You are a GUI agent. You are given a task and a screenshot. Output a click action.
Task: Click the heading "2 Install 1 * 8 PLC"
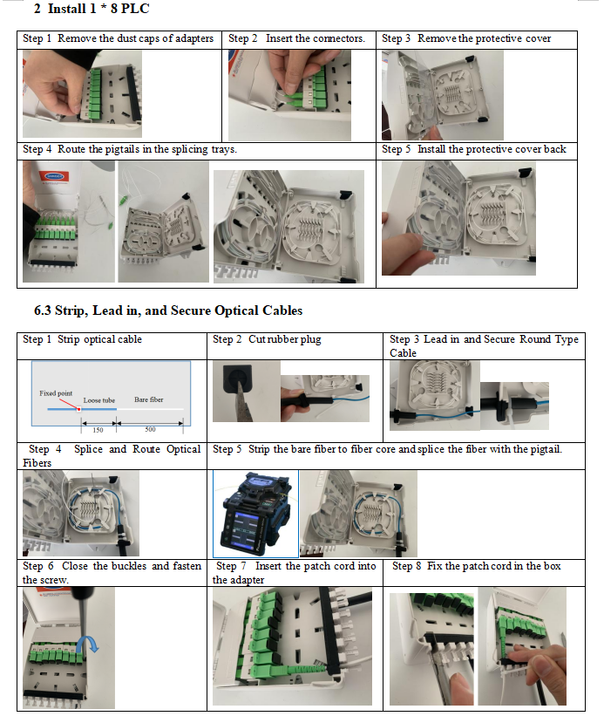coord(92,9)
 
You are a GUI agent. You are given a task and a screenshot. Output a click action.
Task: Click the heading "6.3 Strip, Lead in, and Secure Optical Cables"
coord(168,310)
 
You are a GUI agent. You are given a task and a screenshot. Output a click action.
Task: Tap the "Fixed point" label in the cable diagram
coord(56,393)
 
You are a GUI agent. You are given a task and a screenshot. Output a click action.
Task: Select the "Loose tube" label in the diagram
coord(99,400)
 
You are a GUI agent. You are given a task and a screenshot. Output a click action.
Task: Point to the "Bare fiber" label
coord(149,399)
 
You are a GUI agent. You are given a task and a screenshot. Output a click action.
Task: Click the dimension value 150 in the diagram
coord(98,430)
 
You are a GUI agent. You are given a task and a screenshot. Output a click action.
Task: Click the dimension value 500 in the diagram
coord(150,429)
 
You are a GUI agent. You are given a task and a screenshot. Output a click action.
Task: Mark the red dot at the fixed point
coord(78,409)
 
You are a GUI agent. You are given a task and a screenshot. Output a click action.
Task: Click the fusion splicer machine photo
coord(255,514)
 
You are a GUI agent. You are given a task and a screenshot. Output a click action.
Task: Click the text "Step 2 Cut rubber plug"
coord(267,339)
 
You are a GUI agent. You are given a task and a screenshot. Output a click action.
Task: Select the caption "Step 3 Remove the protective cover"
coord(466,38)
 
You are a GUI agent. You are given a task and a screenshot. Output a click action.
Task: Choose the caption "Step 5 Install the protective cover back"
coord(474,149)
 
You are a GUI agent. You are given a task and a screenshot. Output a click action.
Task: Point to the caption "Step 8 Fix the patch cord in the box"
coord(477,566)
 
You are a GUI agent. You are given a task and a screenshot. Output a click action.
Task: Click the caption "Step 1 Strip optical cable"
coord(83,339)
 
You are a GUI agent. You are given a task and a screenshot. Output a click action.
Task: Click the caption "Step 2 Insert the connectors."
coord(296,38)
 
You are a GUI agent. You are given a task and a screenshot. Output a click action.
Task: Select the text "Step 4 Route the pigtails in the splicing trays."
coord(130,149)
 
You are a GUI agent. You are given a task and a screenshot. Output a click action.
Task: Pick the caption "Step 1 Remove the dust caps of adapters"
coord(119,38)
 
